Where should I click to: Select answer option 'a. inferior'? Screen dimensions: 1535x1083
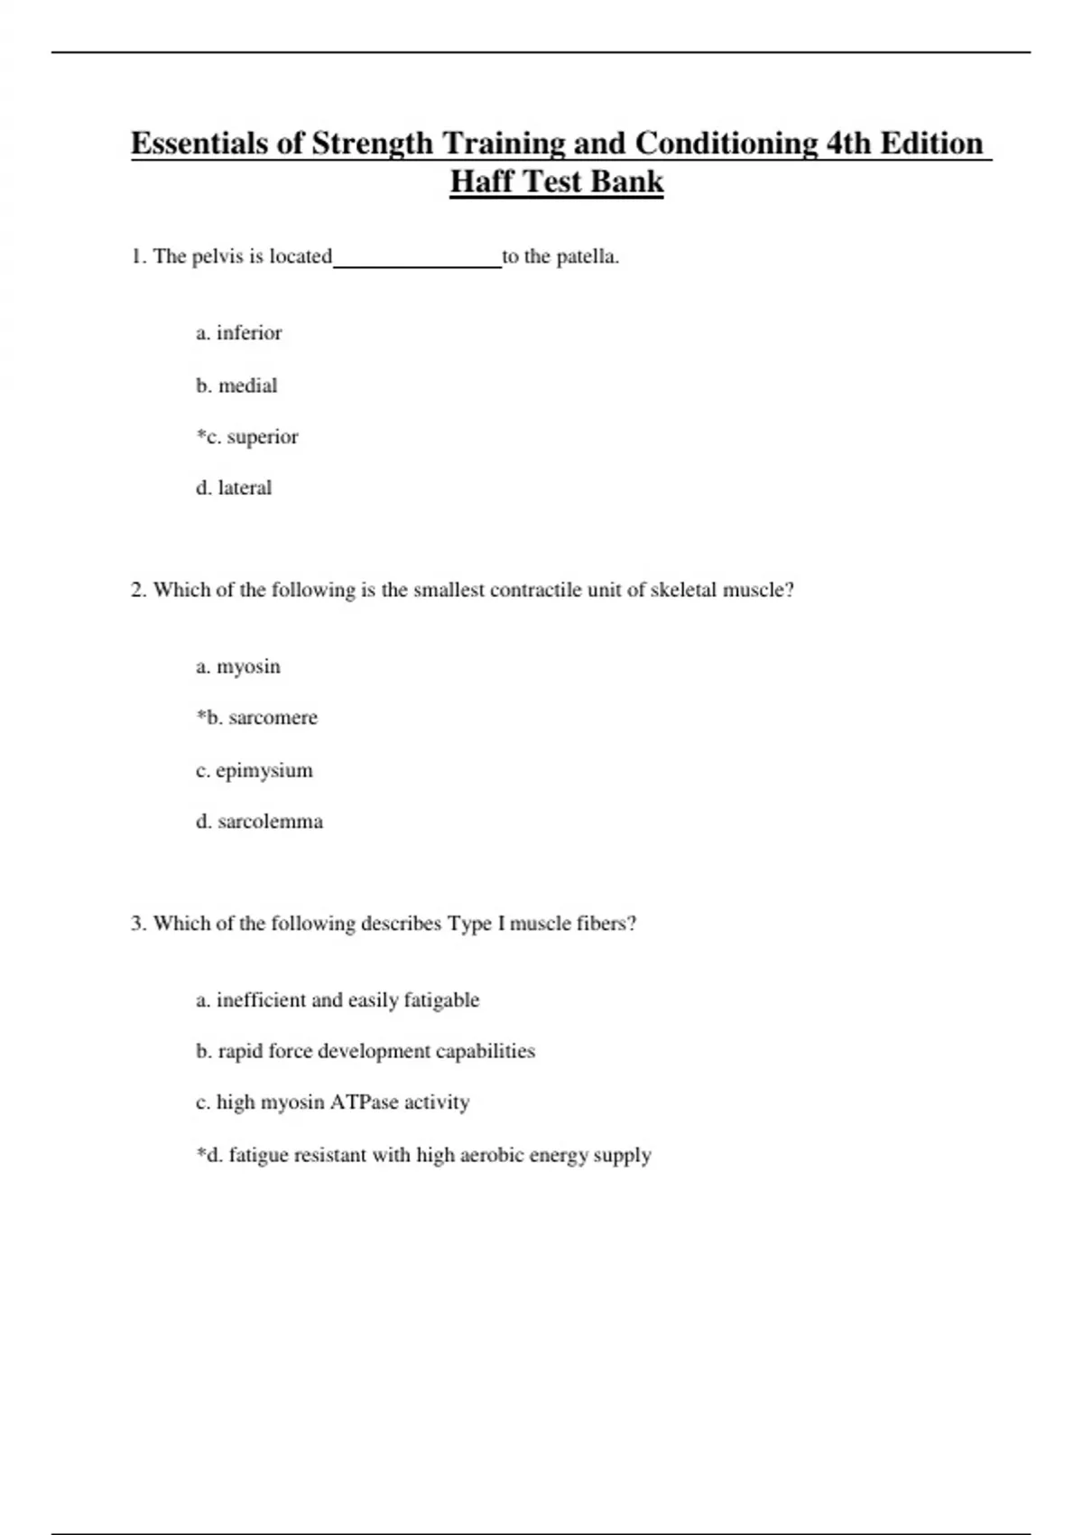pos(239,333)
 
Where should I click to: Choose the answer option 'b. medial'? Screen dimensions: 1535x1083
pos(236,386)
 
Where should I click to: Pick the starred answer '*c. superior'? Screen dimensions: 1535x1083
pos(247,437)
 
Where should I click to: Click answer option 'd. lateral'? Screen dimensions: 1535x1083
pos(234,488)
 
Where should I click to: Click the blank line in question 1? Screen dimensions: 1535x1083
pos(417,260)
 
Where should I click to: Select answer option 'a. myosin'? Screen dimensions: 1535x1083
pos(238,667)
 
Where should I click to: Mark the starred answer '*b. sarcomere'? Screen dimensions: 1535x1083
pos(257,718)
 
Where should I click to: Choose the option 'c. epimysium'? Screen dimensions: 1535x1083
pos(255,770)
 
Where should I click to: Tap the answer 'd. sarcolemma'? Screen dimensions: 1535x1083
pos(259,822)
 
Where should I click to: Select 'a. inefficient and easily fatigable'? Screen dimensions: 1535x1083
pos(338,1000)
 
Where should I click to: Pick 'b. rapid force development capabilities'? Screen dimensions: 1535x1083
pos(366,1051)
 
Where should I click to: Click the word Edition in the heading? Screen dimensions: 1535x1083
pos(930,144)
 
